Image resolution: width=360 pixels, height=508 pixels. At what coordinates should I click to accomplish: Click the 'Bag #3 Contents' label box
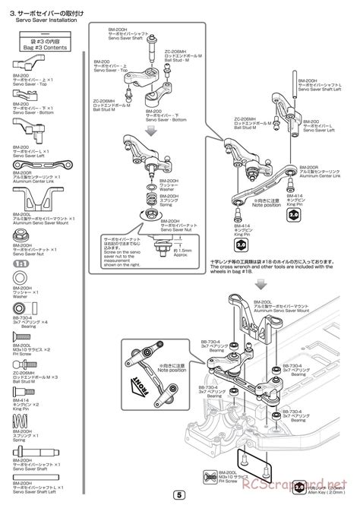(43, 44)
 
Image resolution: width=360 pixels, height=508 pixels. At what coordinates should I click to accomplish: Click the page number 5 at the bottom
(179, 495)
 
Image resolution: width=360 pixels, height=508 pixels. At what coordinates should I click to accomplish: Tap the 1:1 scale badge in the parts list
(23, 262)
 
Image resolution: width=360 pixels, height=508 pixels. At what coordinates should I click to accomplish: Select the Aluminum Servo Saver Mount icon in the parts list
(33, 199)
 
